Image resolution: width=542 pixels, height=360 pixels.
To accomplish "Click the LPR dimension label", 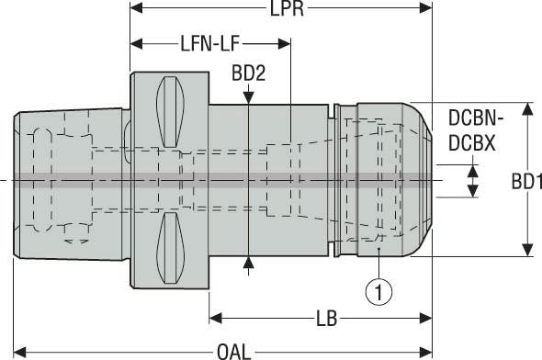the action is point(287,8).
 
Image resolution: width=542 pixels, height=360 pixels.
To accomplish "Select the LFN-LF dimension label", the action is point(210,44).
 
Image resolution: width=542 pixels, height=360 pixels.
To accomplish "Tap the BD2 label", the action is point(249,73).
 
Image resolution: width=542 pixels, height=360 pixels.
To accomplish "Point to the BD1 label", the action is point(526,182).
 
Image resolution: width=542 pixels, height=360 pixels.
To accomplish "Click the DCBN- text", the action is point(476,118).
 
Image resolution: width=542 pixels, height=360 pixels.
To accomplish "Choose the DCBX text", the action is point(472,143).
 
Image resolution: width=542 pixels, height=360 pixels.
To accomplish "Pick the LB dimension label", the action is point(326,319).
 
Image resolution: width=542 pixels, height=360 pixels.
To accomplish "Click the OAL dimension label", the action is point(233,353).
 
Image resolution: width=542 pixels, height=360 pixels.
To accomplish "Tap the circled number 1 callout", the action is point(378,292).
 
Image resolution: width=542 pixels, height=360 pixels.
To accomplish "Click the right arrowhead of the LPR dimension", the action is point(425,8).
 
